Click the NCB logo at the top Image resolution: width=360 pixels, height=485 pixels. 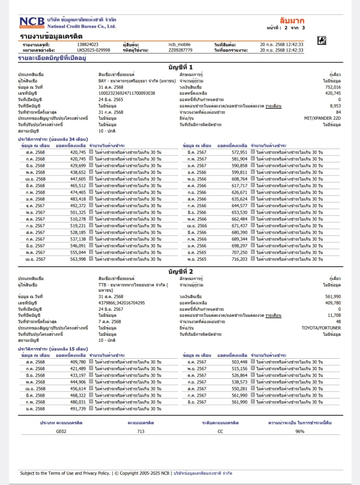(x=32, y=22)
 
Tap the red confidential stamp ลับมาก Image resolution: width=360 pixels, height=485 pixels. (x=292, y=20)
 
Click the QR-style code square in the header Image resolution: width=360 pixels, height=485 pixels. (x=321, y=40)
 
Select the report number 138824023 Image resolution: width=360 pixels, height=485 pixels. (x=88, y=45)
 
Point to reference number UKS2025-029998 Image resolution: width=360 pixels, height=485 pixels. (x=94, y=50)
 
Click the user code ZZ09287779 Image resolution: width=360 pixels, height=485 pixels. (x=180, y=50)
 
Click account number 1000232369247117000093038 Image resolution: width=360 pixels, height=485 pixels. (x=126, y=93)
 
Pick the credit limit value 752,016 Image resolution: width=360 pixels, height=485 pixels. (x=333, y=87)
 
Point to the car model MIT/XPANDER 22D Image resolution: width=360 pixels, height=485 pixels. (x=323, y=118)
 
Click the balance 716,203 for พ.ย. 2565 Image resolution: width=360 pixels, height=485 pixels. (x=239, y=259)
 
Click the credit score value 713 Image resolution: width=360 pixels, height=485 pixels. (x=141, y=431)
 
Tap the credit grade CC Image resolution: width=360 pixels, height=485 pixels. (x=220, y=431)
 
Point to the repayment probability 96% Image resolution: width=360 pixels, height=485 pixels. (x=300, y=431)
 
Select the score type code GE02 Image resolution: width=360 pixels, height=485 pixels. (x=61, y=431)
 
